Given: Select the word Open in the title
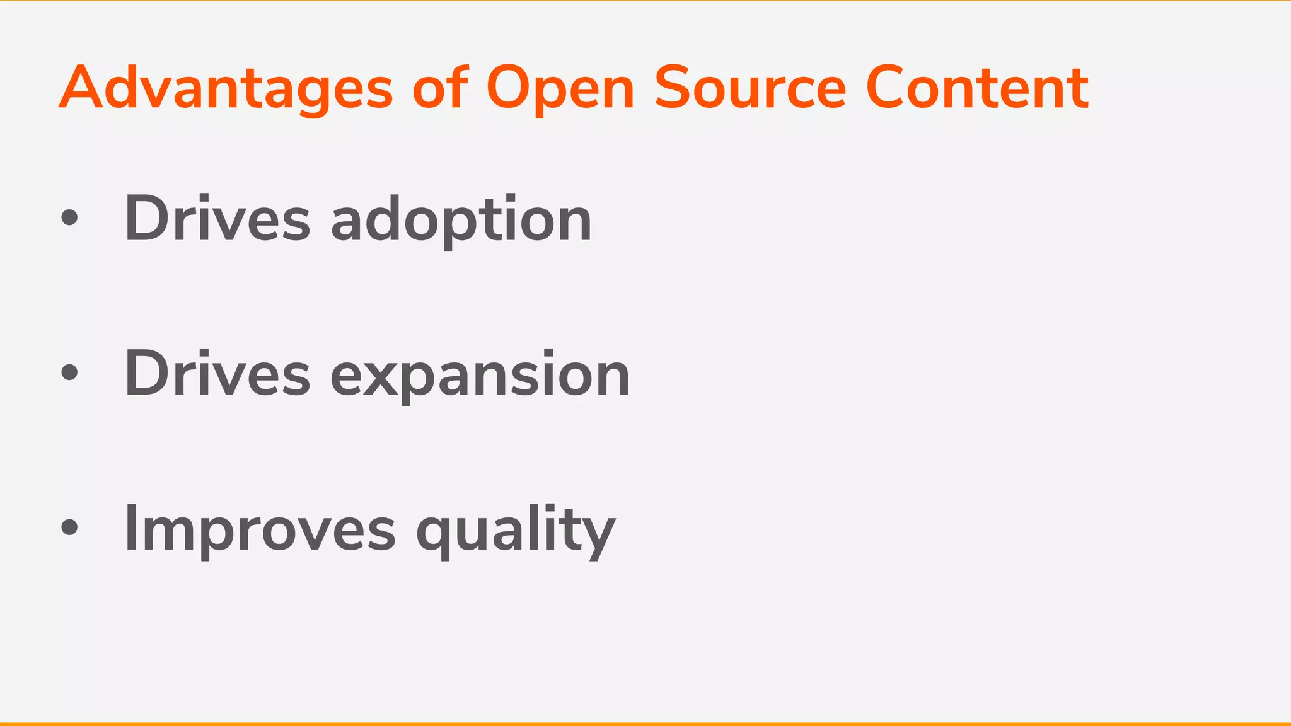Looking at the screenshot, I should (560, 89).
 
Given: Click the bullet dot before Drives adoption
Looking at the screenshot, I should (69, 218).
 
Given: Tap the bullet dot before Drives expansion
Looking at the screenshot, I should (69, 372).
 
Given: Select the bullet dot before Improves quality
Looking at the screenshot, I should (69, 527).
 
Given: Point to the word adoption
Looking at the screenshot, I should (461, 221).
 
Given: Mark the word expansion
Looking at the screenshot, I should (480, 376).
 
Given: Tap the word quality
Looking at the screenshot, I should (516, 531).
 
